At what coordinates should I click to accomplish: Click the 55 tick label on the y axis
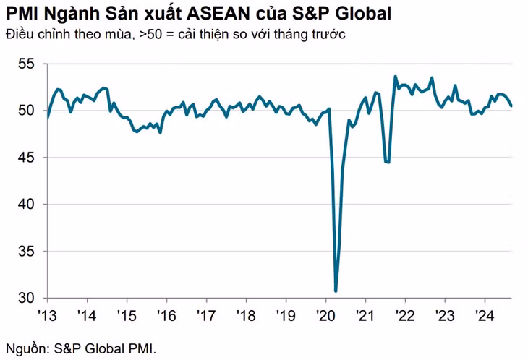25,64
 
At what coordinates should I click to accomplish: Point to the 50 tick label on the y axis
25,111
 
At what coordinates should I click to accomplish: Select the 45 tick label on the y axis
25,158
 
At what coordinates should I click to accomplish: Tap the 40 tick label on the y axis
25,205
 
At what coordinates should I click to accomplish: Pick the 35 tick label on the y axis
25,252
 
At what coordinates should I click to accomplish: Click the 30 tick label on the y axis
25,298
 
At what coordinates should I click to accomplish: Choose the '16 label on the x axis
167,316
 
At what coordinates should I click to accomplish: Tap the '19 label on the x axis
286,316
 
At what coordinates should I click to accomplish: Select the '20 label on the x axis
325,316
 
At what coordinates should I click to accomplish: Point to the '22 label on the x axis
404,316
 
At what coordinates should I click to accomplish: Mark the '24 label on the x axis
483,316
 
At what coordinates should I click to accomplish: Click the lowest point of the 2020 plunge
336,291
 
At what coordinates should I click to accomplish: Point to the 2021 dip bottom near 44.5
388,162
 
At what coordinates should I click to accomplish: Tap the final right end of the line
512,106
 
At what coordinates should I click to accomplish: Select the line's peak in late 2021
395,77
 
